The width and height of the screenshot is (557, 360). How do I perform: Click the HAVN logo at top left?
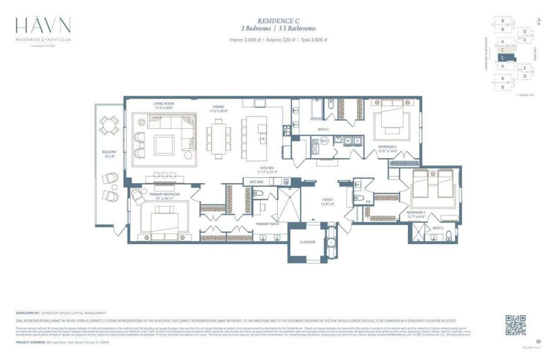(43, 27)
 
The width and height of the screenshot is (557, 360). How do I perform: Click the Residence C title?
(278, 20)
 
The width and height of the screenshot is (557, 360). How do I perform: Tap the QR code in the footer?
(516, 325)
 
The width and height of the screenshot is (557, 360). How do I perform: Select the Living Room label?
(163, 104)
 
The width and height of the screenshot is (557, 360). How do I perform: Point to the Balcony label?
(109, 152)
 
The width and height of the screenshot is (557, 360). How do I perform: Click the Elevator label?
(307, 242)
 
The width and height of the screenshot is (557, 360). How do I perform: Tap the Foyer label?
(327, 200)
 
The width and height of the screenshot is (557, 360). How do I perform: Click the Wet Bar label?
(257, 181)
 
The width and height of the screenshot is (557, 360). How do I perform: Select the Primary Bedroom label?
(164, 194)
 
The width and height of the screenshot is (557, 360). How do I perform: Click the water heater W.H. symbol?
(324, 141)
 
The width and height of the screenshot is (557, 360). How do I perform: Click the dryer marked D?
(357, 141)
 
